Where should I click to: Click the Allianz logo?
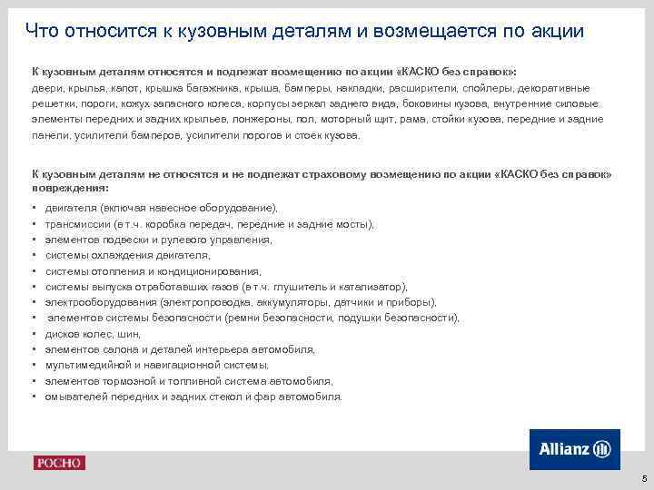574,449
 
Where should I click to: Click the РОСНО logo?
59,463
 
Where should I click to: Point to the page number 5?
643,478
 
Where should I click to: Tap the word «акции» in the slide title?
551,32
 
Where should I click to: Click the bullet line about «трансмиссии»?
209,224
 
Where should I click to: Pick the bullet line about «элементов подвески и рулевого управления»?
159,240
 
